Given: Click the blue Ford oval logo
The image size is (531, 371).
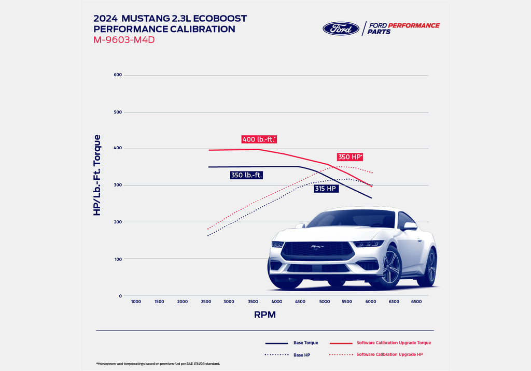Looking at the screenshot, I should click(x=341, y=28).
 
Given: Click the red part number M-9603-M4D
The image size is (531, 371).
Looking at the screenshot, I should click(x=124, y=40).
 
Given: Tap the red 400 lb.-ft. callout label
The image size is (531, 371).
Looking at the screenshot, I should click(x=259, y=139).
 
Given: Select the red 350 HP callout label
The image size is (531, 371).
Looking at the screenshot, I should click(x=349, y=157).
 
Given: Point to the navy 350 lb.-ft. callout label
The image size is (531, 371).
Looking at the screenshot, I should click(x=246, y=175).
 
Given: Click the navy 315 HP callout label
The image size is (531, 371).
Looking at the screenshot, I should click(x=326, y=189).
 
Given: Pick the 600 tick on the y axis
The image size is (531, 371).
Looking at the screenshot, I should click(x=118, y=75).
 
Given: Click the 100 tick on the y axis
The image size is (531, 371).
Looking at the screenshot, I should click(x=118, y=259).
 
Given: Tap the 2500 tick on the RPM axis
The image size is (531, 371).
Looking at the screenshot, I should click(x=205, y=302).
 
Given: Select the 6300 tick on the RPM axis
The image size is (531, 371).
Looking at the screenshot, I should click(x=394, y=302).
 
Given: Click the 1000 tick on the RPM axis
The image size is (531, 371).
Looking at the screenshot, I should click(x=136, y=302).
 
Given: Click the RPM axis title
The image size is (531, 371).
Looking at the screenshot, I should click(x=264, y=315).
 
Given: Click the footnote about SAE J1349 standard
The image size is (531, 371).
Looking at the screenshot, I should click(x=158, y=364).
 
